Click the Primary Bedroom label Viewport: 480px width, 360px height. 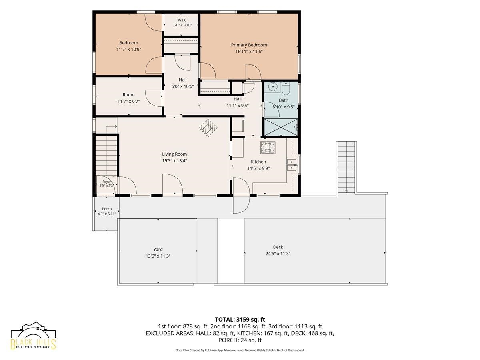tap(249, 45)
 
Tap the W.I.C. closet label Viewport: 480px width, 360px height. tap(182, 20)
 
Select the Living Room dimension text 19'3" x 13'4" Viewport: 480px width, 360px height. tap(174, 161)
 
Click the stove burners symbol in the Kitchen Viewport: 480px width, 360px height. tap(268, 147)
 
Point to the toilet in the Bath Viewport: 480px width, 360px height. tap(286, 88)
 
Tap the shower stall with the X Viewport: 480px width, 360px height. tap(281, 127)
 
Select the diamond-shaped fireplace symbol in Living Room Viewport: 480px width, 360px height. tap(208, 128)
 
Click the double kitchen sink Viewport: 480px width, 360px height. tap(292, 165)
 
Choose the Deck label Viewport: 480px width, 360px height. tap(278, 247)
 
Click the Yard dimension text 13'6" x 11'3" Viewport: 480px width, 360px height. tap(158, 256)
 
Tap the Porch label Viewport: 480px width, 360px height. tap(107, 209)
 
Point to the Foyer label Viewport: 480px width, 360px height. tap(106, 182)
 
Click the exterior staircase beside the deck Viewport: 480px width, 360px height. tap(347, 167)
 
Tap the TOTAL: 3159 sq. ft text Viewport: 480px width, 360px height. tap(240, 320)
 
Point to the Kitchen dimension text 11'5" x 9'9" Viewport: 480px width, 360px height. tap(258, 168)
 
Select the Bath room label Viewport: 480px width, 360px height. tap(284, 100)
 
